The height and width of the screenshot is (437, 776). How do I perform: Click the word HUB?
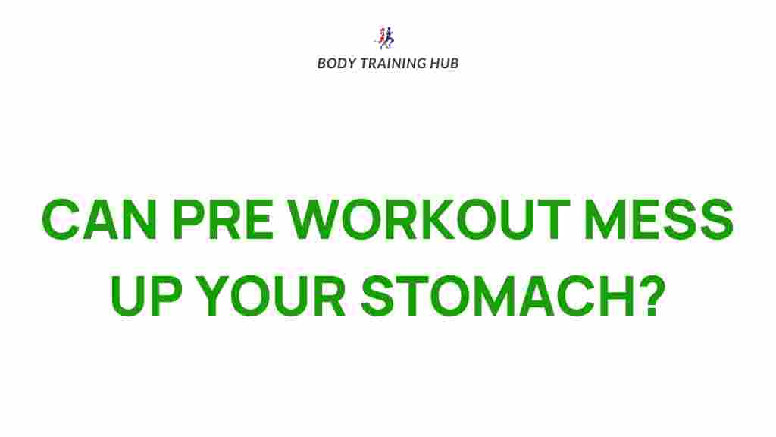pos(444,63)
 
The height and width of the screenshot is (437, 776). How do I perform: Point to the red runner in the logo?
pos(381,37)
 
